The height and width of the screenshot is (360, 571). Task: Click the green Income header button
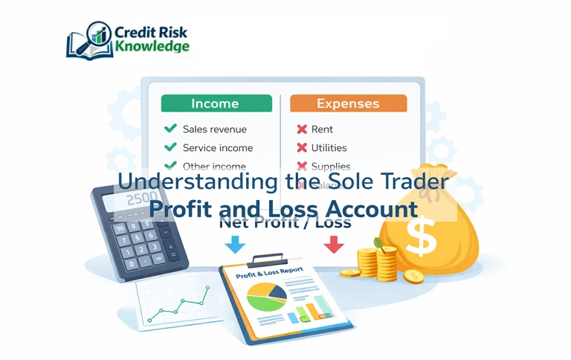click(x=216, y=103)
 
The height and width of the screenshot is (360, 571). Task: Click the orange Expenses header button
click(x=348, y=103)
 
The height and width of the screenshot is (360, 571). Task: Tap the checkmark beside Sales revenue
click(x=170, y=129)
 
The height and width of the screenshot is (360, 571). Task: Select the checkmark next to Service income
click(x=170, y=147)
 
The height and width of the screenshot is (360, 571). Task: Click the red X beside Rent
click(x=302, y=129)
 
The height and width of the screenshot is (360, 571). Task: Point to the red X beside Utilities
click(x=302, y=148)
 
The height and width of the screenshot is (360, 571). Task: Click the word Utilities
click(x=329, y=148)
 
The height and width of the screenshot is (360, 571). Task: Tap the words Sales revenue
click(x=214, y=129)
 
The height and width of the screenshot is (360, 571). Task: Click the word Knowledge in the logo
click(x=152, y=46)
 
